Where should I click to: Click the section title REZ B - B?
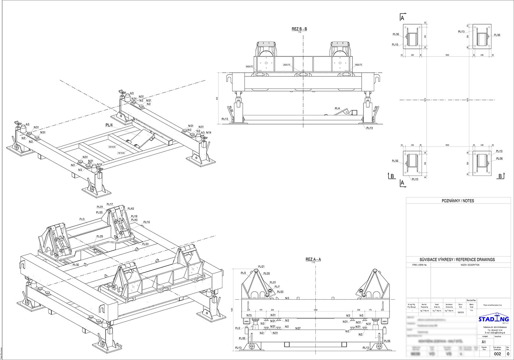pos(299,29)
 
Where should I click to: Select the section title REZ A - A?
pos(313,259)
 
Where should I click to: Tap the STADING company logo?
pos(493,319)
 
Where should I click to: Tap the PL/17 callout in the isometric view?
pos(110,204)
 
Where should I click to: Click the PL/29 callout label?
pos(99,237)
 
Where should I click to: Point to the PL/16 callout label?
pos(147,222)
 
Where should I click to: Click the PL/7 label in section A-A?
pos(277,287)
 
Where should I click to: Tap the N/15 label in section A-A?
pos(249,315)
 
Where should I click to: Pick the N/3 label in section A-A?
pos(287,298)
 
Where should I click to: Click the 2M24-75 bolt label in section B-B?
pos(286,65)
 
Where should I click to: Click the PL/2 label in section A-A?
pos(238,328)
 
